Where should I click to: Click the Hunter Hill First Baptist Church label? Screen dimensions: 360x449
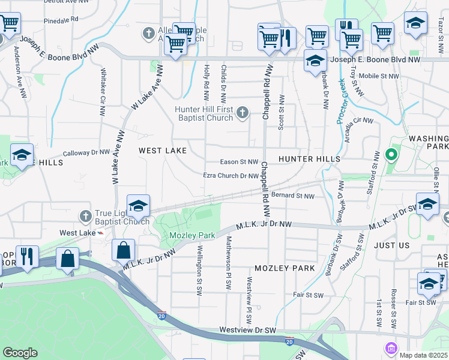tap(204, 113)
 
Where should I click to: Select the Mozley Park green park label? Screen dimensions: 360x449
tap(191, 236)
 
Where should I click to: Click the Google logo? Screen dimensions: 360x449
tap(20, 353)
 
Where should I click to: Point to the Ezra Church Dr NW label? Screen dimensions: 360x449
tap(231, 176)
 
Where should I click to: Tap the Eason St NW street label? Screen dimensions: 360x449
tap(239, 162)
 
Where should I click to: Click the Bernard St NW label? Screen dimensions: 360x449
tap(292, 196)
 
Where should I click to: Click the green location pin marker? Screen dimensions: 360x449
tap(391, 155)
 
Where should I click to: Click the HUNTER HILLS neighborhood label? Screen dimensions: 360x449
tap(309, 159)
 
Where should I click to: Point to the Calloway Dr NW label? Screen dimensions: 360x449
tap(86, 153)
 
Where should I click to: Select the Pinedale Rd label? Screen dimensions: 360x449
tap(61, 19)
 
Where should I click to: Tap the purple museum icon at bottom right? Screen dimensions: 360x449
tap(391, 348)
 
